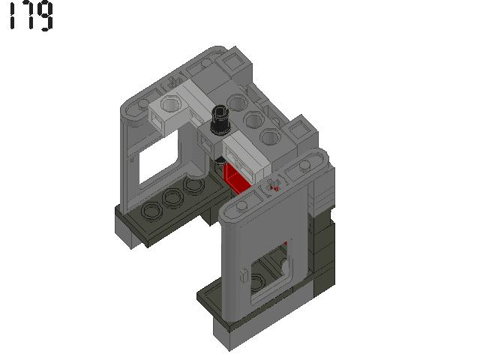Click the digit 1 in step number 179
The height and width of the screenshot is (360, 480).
(13, 16)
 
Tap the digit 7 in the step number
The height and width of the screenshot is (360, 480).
(28, 16)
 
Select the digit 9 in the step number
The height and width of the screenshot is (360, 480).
(46, 16)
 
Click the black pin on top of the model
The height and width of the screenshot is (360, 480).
(220, 120)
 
